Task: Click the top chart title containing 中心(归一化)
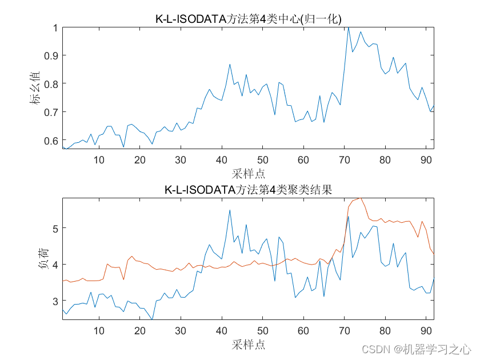(248, 18)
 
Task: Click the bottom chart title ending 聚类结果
(248, 190)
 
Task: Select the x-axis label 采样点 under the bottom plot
(249, 345)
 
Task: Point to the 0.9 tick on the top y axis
(51, 55)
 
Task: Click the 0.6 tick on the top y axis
(51, 140)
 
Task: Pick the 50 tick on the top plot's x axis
(262, 159)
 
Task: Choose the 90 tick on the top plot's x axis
(426, 159)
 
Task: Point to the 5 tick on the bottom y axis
(55, 228)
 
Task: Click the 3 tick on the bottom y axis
(55, 301)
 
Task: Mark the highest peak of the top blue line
(348, 27)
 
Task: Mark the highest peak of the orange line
(360, 198)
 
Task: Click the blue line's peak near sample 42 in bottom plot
(230, 210)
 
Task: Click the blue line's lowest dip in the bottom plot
(152, 319)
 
